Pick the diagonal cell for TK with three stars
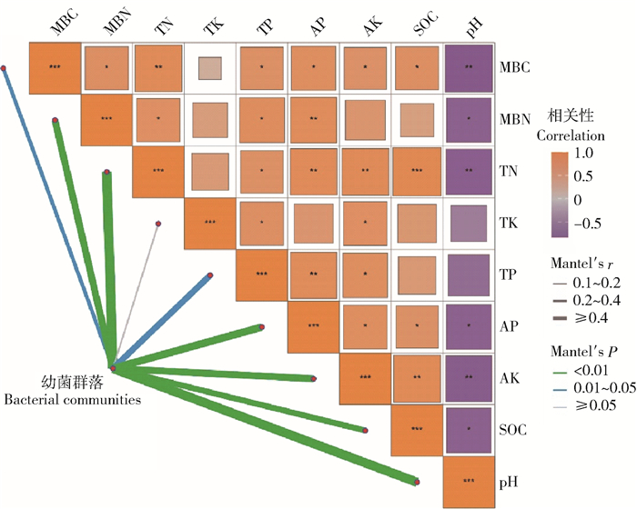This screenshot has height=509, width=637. [x=210, y=223]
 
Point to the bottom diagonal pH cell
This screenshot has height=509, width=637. [x=470, y=481]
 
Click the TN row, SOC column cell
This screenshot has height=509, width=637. [x=418, y=171]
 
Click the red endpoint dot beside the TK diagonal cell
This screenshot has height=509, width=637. [x=158, y=224]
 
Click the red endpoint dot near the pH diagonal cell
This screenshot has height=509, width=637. [x=418, y=482]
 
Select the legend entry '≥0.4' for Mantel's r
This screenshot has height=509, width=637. [x=585, y=318]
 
